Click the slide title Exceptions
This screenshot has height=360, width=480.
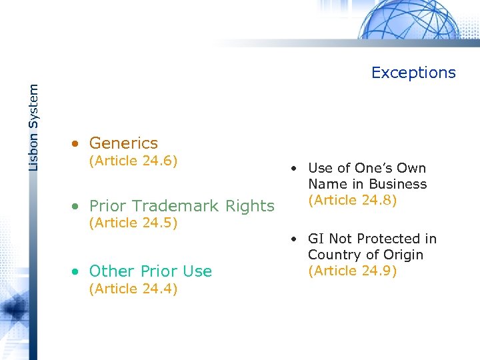coord(413,73)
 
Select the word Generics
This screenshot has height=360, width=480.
coord(123,143)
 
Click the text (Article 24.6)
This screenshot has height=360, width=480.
coord(133,160)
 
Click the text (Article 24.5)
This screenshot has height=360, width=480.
coord(133,223)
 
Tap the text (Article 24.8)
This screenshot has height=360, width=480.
coord(353,200)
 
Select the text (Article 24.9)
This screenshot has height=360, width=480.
coord(353,271)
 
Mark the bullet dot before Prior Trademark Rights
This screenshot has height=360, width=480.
coord(78,207)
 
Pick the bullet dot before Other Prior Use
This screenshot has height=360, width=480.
coord(78,272)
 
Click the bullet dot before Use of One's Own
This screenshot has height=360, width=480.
coord(293,169)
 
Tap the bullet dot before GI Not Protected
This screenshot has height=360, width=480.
coord(293,239)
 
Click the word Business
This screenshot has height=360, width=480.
coord(398,184)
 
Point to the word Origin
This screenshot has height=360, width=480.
coord(401,255)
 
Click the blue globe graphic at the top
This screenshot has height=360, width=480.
coord(407,20)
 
